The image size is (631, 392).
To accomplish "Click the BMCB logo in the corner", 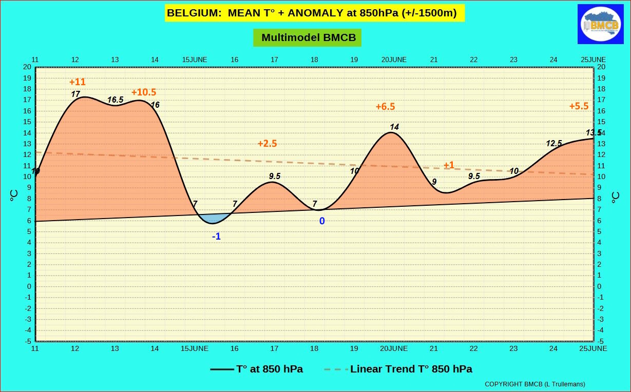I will [600, 24].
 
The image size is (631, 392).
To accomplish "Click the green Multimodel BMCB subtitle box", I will [307, 37].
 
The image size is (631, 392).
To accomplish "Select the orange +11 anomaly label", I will [78, 82].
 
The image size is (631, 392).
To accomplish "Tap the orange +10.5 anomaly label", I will [144, 92].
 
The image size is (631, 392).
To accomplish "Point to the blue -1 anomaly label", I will [217, 237].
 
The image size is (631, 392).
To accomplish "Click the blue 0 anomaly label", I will [322, 221].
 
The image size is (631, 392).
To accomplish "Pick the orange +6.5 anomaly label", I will [385, 107].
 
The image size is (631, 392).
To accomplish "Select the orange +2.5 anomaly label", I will [267, 144].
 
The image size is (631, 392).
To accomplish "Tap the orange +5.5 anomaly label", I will [579, 106].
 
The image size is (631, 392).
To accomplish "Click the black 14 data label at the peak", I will [394, 127].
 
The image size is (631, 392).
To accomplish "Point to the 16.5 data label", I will [115, 100].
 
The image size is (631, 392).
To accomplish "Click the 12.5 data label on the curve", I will [553, 144].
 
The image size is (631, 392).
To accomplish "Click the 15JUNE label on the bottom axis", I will [195, 348].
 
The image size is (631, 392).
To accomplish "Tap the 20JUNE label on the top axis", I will [394, 60].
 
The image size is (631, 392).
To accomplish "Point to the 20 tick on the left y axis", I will [27, 67].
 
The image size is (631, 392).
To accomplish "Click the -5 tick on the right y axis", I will [601, 341].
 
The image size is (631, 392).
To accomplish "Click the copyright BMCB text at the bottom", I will [534, 384].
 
